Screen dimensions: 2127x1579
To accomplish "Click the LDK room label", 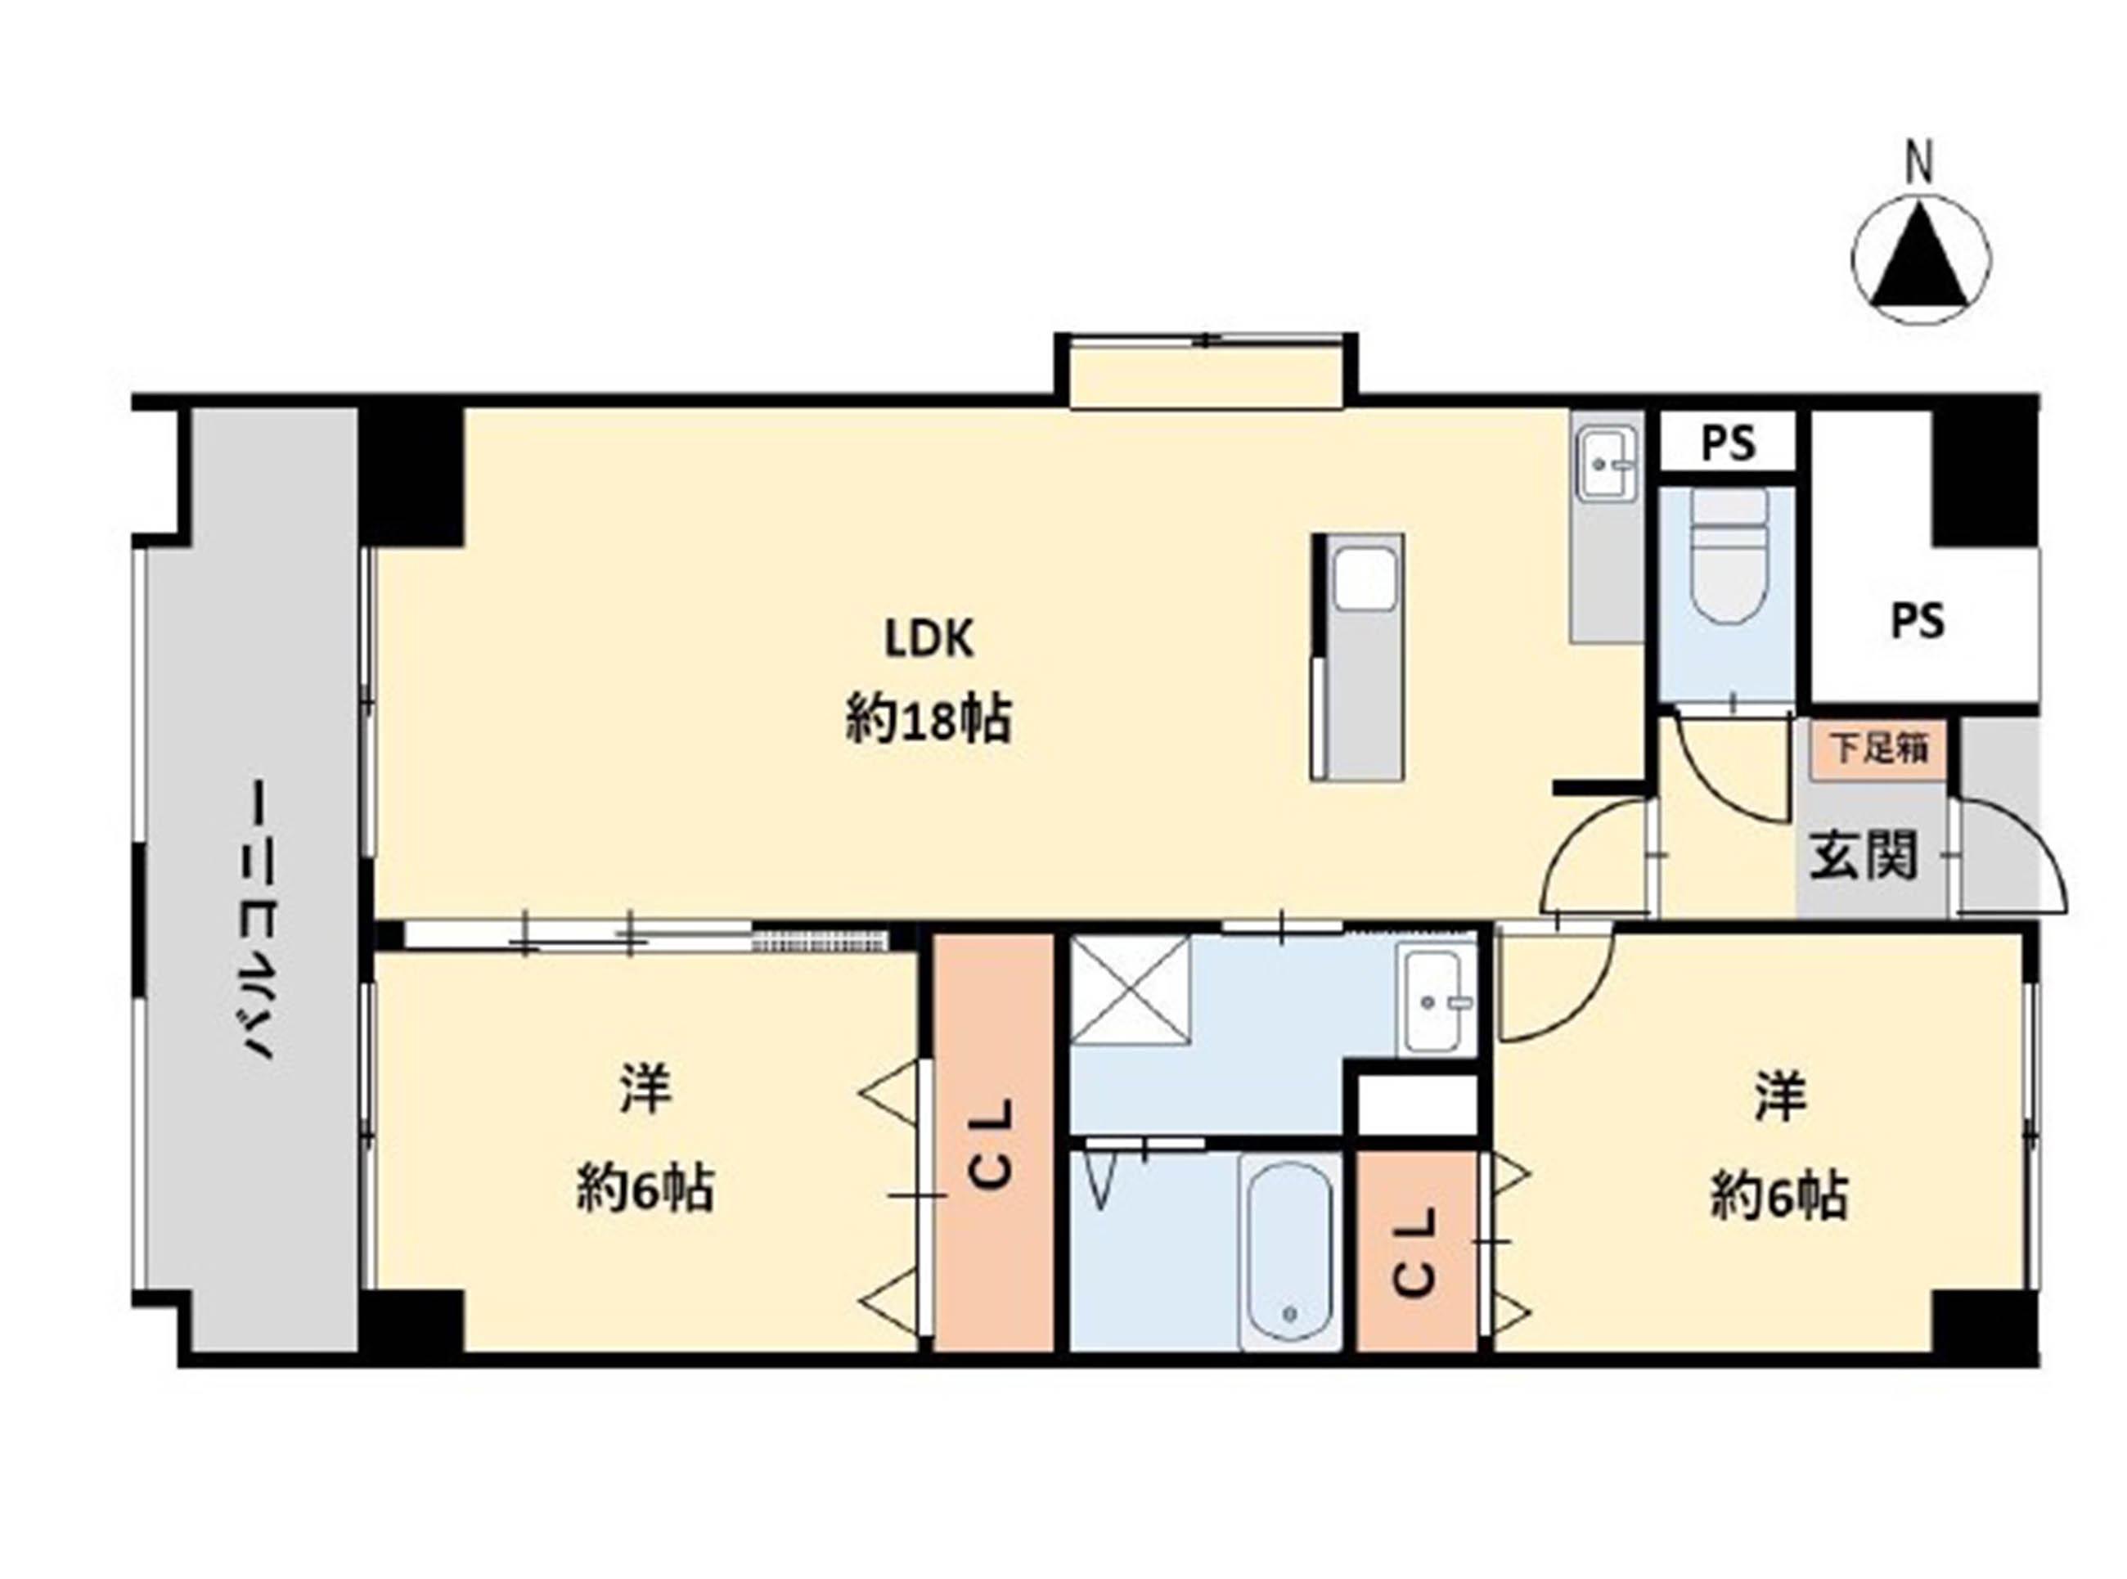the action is click(929, 640).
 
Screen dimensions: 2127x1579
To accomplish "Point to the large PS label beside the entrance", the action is click(1918, 623).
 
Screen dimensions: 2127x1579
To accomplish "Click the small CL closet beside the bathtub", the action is click(1417, 1250).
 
